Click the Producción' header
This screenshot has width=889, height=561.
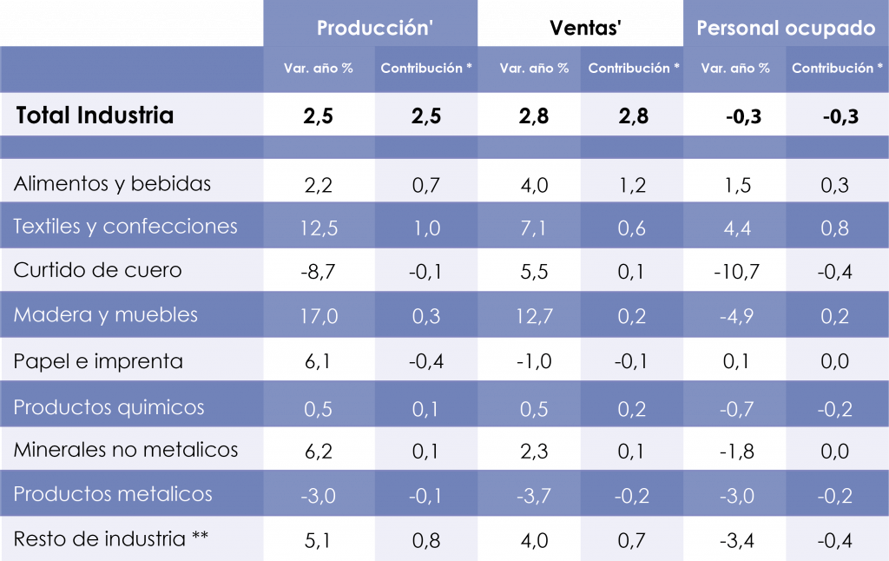[374, 28]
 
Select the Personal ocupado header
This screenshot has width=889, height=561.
[786, 28]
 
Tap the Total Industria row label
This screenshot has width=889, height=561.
[95, 115]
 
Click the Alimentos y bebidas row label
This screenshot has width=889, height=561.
[112, 184]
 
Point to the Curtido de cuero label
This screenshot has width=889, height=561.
[97, 270]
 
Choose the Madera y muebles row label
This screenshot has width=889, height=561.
[105, 314]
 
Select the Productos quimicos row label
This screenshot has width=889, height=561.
[109, 406]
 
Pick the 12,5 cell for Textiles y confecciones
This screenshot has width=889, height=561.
[318, 228]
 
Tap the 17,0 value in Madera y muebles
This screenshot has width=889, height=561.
[318, 316]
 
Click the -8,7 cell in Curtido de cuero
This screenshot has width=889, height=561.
[318, 272]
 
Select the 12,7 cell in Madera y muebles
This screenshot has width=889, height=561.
[534, 316]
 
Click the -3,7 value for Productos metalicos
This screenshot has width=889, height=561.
[534, 496]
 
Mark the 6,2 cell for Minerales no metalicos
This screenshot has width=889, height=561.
[318, 452]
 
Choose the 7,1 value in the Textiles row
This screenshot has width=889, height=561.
[534, 228]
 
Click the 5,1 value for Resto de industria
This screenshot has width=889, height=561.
[318, 540]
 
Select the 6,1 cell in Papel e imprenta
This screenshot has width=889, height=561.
[318, 361]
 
